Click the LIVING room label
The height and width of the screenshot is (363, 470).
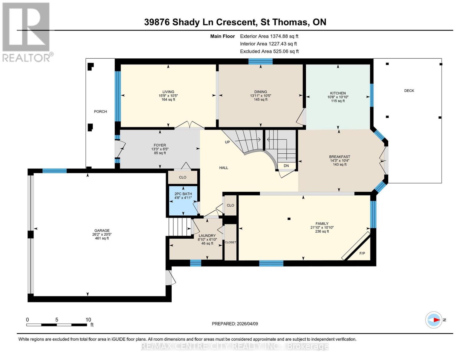(168, 92)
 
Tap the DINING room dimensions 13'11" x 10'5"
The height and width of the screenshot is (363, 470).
(260, 96)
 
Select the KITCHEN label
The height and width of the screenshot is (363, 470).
(338, 93)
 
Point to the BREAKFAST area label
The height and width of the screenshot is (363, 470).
(340, 157)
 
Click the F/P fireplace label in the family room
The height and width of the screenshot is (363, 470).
(362, 253)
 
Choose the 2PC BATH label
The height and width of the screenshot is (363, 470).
(183, 194)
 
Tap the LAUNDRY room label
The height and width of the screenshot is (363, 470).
(207, 236)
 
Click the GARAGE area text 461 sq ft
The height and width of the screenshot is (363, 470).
(102, 238)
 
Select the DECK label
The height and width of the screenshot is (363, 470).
(409, 91)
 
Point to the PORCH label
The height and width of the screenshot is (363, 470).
(100, 112)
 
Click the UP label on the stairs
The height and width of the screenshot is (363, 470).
(227, 142)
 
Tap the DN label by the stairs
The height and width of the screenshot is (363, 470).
(286, 166)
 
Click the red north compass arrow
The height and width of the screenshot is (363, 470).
(436, 320)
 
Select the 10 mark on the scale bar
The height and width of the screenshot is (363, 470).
(88, 320)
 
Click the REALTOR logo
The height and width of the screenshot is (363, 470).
(27, 32)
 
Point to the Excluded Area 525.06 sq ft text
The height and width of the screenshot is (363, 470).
(269, 51)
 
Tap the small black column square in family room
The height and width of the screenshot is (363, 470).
(289, 219)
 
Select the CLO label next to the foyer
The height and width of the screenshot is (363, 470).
(182, 177)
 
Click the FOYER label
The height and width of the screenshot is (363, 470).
(159, 145)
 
